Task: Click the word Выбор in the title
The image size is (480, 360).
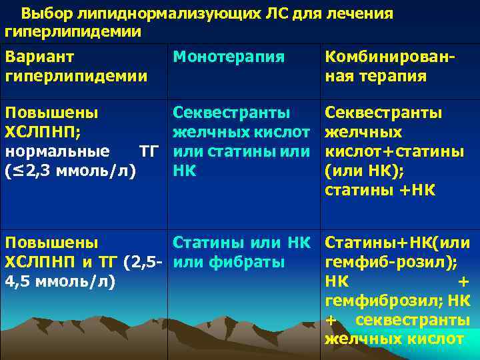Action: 43,13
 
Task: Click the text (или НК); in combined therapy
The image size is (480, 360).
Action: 363,171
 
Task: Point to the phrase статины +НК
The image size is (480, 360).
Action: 380,190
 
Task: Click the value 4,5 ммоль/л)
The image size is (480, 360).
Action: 59,281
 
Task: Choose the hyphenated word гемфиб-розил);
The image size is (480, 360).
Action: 391,262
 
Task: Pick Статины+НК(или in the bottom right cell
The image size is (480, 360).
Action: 397,243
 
